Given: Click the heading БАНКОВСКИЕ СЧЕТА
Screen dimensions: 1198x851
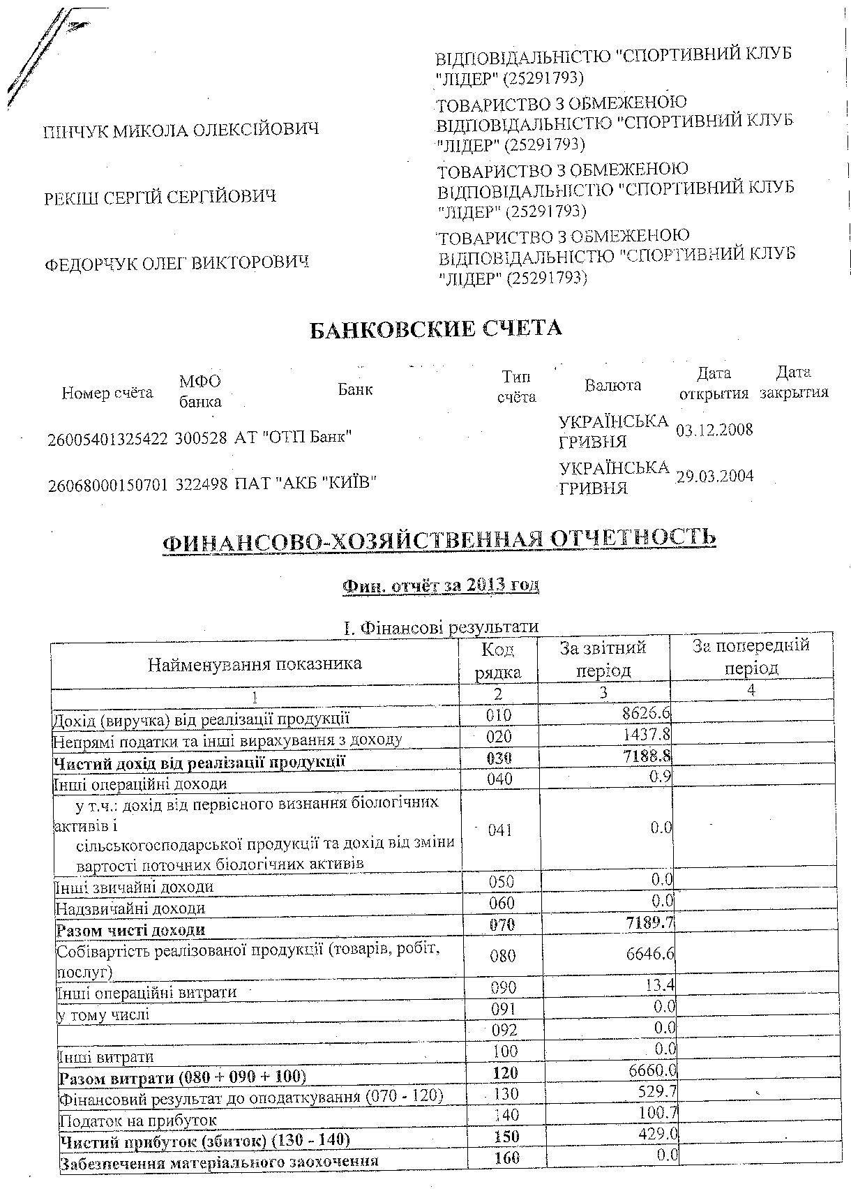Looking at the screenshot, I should pyautogui.click(x=435, y=329).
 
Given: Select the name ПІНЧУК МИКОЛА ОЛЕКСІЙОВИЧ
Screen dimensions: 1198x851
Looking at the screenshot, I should pyautogui.click(x=181, y=130).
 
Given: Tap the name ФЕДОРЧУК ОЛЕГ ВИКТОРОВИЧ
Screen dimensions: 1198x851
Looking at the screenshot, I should pyautogui.click(x=176, y=263).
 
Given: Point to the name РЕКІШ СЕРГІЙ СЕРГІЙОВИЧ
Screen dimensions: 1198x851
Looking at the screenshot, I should pyautogui.click(x=160, y=197).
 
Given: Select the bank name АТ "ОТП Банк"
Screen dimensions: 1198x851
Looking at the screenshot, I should pyautogui.click(x=293, y=437).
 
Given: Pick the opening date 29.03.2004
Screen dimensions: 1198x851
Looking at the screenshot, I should pyautogui.click(x=715, y=477).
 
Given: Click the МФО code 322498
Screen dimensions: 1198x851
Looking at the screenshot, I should pyautogui.click(x=202, y=483).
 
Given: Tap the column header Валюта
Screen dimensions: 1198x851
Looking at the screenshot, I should pyautogui.click(x=612, y=385).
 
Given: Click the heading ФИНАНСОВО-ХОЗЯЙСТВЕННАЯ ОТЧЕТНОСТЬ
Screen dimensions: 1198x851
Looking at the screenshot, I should pyautogui.click(x=439, y=539).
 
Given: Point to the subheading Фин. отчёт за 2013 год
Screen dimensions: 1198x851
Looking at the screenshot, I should pyautogui.click(x=440, y=585).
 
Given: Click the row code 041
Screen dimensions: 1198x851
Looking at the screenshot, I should pyautogui.click(x=500, y=830).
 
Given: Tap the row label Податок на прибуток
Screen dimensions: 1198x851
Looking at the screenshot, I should pyautogui.click(x=137, y=1121).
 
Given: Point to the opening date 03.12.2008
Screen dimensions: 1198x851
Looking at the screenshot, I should pyautogui.click(x=715, y=429).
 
